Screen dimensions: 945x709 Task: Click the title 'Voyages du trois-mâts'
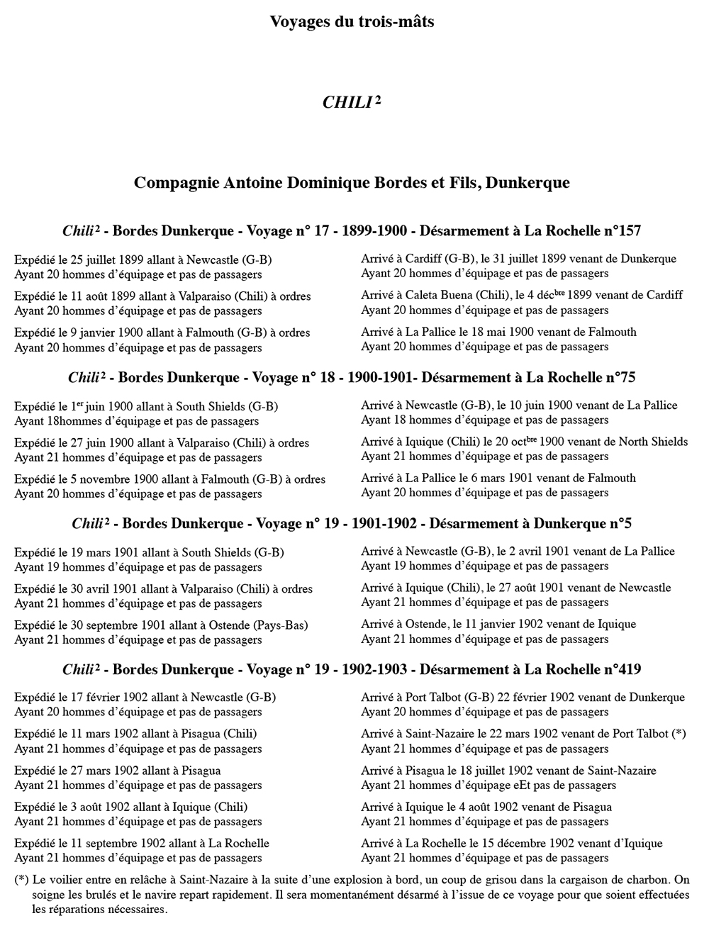pos(352,22)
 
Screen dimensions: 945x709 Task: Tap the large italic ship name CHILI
pos(347,103)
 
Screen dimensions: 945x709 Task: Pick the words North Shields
pos(653,442)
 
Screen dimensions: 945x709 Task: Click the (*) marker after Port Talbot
pos(679,734)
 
